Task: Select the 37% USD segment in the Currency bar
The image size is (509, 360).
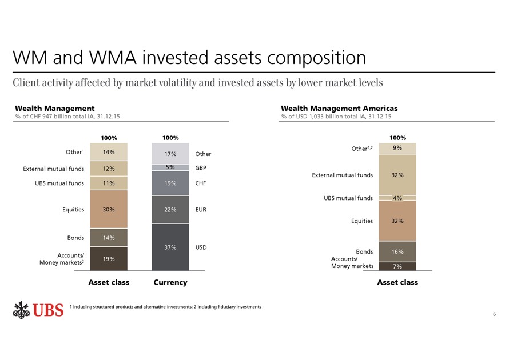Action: pos(170,247)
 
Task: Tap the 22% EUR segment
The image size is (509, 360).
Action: pos(170,209)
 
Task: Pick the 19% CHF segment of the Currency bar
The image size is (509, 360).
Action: pos(170,183)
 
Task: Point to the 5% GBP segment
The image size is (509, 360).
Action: pos(170,167)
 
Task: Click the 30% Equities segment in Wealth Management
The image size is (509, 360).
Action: pos(109,209)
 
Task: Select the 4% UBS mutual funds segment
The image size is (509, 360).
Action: pos(397,198)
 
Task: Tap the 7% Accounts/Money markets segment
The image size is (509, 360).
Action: pos(397,266)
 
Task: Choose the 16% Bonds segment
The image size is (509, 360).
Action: pos(397,251)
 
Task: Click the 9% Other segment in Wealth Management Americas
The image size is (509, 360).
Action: pos(397,148)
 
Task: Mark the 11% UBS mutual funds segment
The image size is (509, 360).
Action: pos(109,183)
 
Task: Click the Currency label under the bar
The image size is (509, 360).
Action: pos(170,282)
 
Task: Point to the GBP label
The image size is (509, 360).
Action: pos(200,168)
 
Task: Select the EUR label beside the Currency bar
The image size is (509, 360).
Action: pos(201,210)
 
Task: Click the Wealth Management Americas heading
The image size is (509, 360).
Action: pos(339,108)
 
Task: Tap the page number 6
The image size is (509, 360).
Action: pos(494,314)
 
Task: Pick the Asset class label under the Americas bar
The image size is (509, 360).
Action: pos(397,282)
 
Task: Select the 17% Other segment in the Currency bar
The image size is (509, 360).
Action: pos(170,153)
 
